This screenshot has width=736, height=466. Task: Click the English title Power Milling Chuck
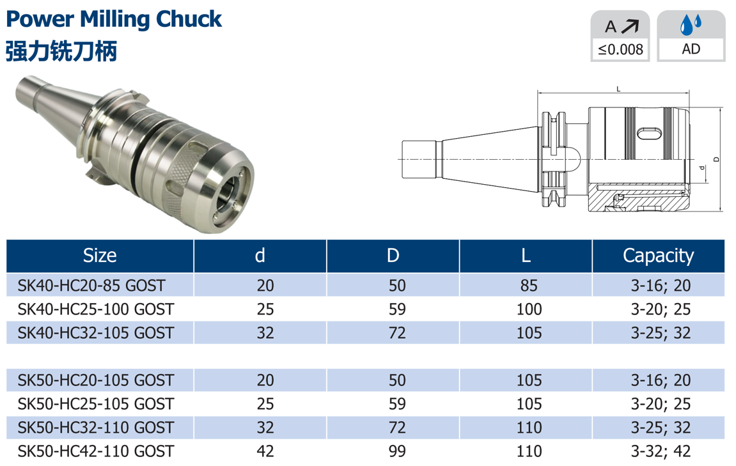click(x=114, y=19)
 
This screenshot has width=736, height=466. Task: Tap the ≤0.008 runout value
click(x=620, y=49)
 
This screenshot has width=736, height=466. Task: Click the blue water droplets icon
click(x=691, y=24)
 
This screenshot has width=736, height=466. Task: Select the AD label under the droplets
click(x=691, y=49)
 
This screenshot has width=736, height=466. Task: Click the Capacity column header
click(x=658, y=256)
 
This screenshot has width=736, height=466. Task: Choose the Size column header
click(x=100, y=256)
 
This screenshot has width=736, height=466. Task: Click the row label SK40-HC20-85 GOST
click(x=91, y=285)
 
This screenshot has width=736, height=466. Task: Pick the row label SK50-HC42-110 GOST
click(x=96, y=451)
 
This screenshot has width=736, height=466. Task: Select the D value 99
click(x=397, y=451)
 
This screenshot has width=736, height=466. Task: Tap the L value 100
click(x=529, y=309)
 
